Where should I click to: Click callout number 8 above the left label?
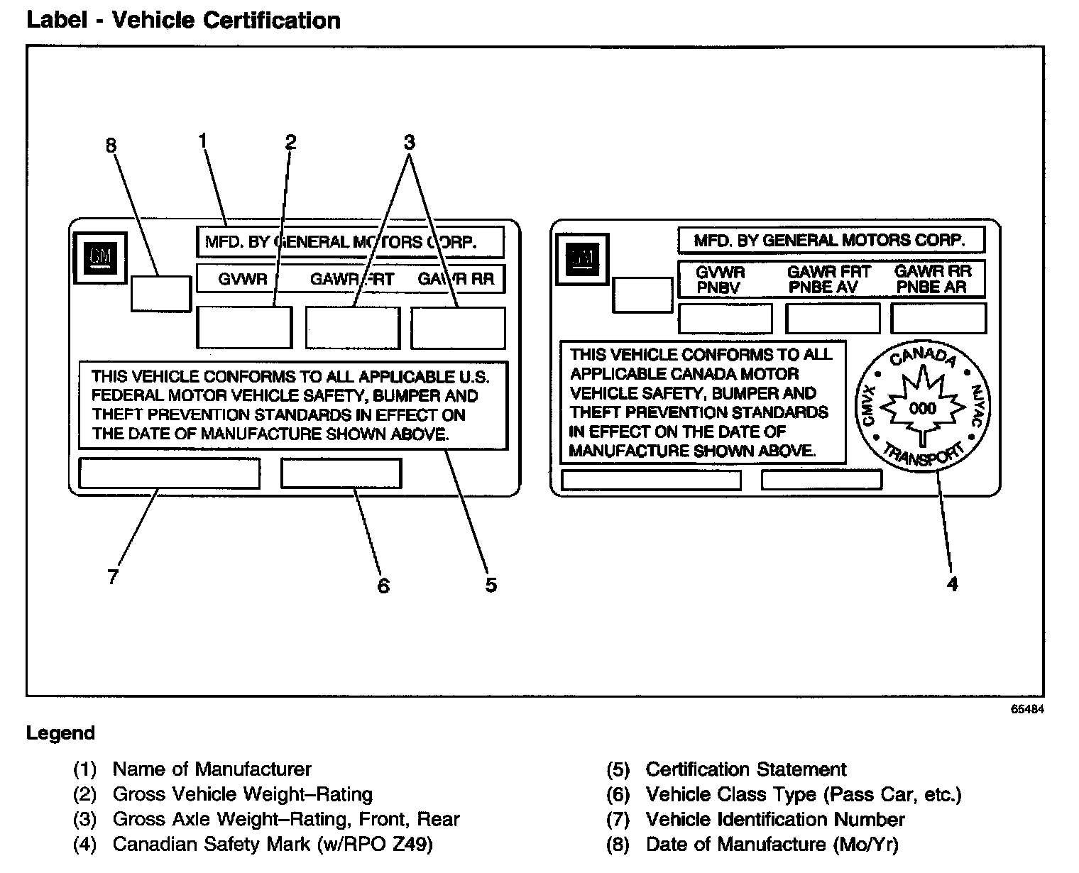tap(111, 145)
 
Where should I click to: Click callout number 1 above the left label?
tap(203, 141)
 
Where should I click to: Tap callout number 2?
tap(290, 142)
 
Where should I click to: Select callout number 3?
tap(409, 142)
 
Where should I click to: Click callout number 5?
tap(491, 585)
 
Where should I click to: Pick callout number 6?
tap(383, 586)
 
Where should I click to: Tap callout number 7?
tap(113, 576)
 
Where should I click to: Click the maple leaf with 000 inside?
tap(923, 407)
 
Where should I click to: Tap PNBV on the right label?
tap(718, 287)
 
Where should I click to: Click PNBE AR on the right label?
tap(932, 287)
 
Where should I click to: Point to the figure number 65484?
tap(1028, 709)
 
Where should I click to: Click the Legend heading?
tap(60, 733)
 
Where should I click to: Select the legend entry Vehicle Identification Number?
tap(774, 820)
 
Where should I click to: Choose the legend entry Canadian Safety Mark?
tap(272, 845)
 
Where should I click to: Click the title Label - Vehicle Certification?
tap(183, 21)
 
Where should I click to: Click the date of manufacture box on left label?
tap(161, 294)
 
